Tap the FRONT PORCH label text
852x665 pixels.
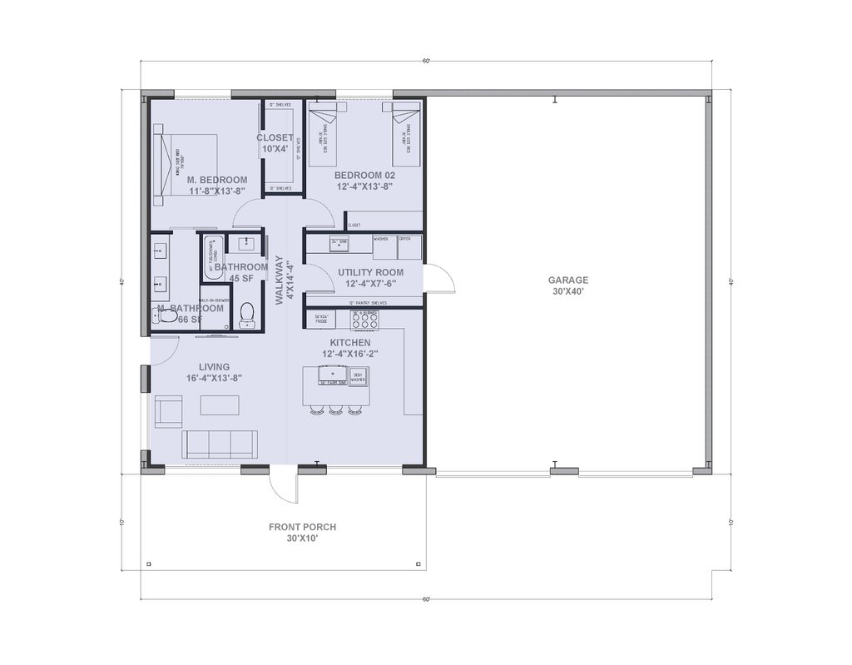point(302,533)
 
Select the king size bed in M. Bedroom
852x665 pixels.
point(187,163)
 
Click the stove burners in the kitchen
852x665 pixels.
point(365,319)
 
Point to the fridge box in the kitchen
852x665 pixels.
point(323,319)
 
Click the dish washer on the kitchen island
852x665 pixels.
point(358,377)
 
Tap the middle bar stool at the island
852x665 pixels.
point(335,410)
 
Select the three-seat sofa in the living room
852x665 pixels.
point(218,444)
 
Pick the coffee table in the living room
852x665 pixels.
point(219,405)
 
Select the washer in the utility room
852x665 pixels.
point(384,247)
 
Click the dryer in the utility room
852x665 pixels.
point(409,247)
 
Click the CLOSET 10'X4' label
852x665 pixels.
point(275,143)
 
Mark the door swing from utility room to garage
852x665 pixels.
point(440,279)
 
